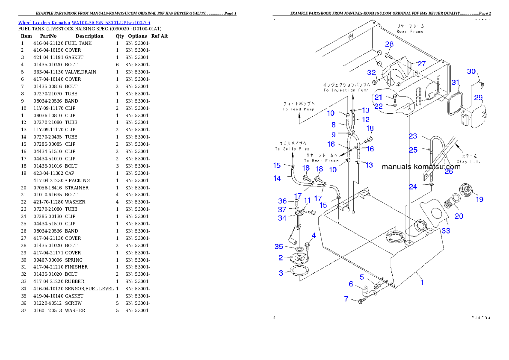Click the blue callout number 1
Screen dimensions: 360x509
[x=422, y=282]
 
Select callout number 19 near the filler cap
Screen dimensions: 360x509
[x=479, y=199]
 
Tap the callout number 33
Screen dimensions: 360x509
[x=446, y=231]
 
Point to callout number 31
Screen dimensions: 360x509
[x=456, y=82]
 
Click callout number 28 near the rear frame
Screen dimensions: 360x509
[x=389, y=44]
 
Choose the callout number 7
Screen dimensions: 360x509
[x=346, y=299]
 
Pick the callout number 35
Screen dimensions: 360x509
[x=279, y=246]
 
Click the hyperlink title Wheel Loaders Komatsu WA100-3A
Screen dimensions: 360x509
[x=84, y=22]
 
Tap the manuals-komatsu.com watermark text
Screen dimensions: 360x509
[x=421, y=167]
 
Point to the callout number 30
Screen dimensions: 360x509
[x=471, y=71]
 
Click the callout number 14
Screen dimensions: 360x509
[x=277, y=178]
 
